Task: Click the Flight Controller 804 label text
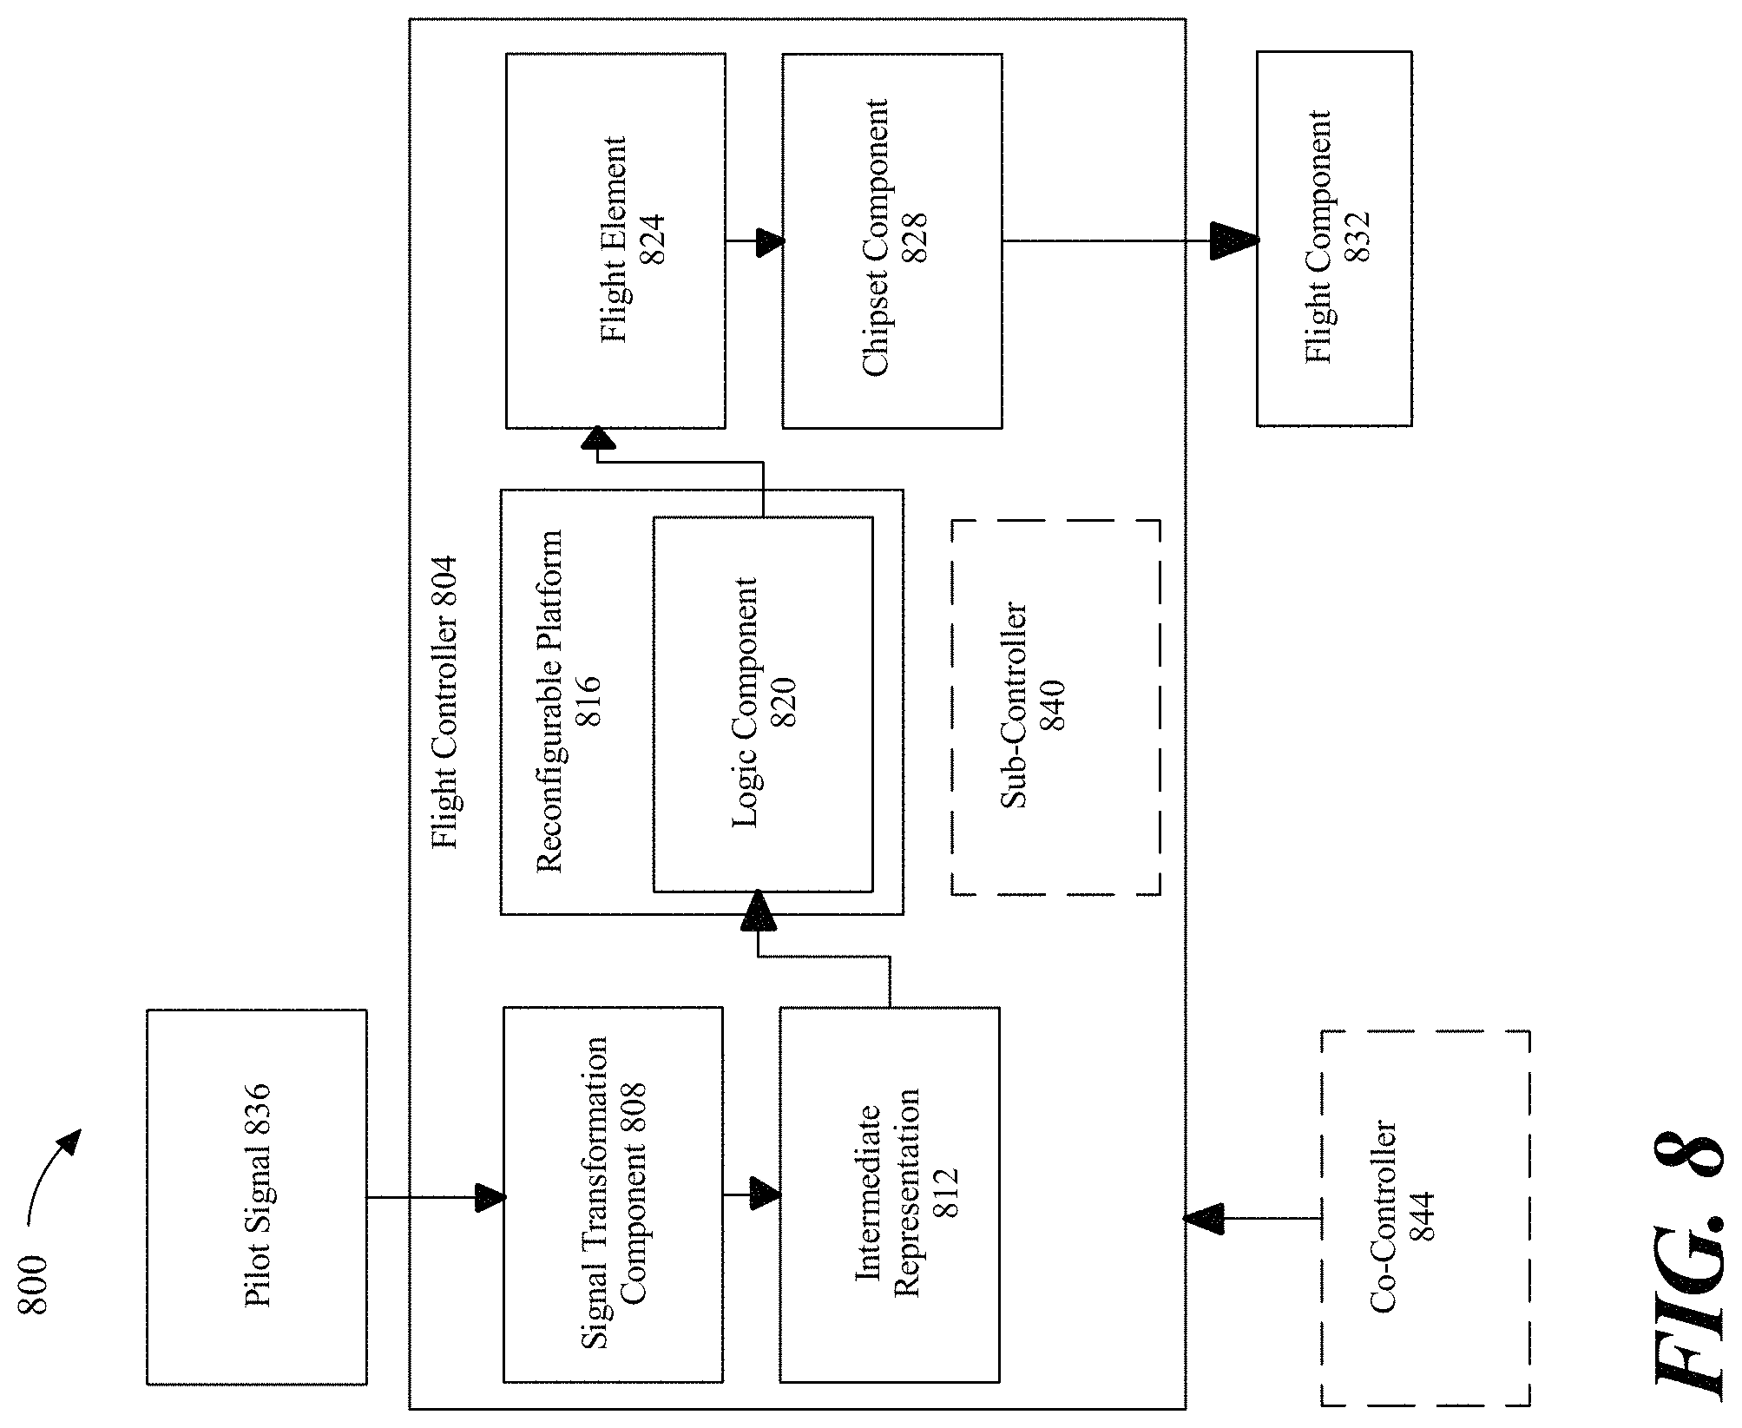[444, 703]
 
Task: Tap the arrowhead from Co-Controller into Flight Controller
[1203, 1220]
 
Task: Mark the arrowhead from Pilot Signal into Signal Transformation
[490, 1198]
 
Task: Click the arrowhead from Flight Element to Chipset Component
[770, 242]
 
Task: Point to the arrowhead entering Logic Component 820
[758, 911]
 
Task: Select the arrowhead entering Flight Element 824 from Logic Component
[598, 438]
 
